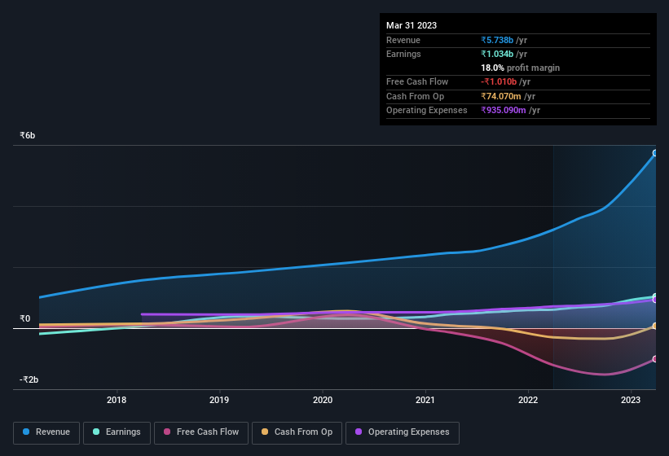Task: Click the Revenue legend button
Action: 46,432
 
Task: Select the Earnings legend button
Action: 117,432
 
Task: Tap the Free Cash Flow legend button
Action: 200,432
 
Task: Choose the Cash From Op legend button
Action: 297,432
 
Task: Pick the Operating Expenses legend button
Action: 402,432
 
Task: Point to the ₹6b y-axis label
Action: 28,135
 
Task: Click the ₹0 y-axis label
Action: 25,318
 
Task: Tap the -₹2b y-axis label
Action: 29,379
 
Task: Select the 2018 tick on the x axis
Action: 117,400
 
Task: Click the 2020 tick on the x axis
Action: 323,400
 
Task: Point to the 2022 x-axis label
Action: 528,400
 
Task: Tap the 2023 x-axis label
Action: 631,400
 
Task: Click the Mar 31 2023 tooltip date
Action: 412,25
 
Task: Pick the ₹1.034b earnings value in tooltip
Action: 498,54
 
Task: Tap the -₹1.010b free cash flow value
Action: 500,81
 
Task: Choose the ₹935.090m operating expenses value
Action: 504,110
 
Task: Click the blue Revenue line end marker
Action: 655,153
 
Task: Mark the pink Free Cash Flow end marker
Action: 655,359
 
